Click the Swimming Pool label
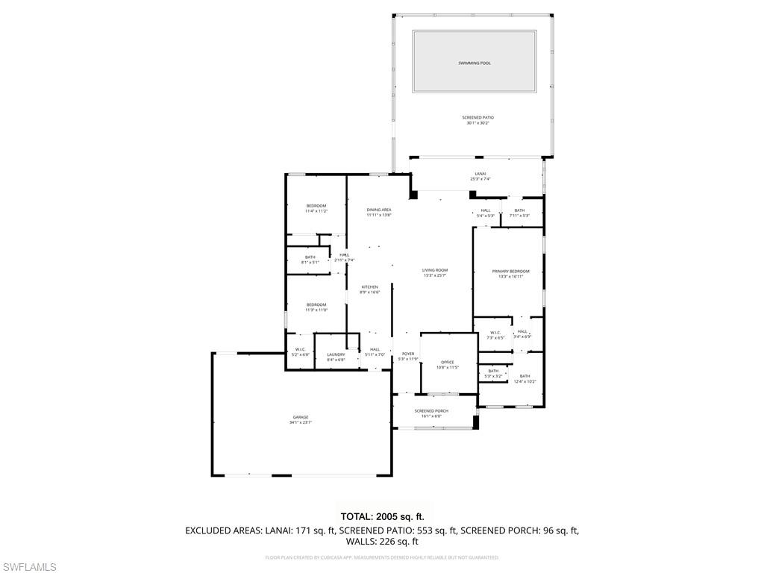(475, 63)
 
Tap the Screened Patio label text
(477, 117)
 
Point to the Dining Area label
(379, 210)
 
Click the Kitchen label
(370, 287)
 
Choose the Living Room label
(435, 270)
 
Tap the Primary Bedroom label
(511, 271)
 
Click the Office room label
(447, 363)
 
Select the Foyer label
(408, 354)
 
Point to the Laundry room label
(336, 354)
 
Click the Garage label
(301, 417)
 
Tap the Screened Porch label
(431, 411)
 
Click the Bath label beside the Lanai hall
(519, 210)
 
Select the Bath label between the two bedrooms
(310, 257)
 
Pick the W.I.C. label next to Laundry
(301, 349)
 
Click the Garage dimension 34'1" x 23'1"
(301, 422)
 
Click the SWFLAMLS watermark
(28, 567)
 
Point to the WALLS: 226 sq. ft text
(382, 542)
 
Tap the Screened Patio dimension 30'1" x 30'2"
(477, 123)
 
